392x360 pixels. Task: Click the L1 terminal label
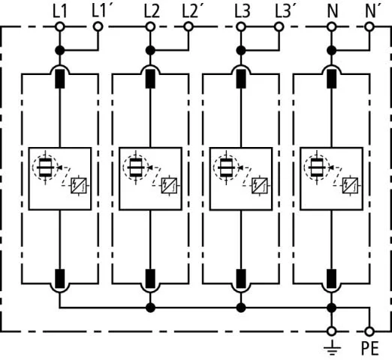[60, 11]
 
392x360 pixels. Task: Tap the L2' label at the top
[190, 11]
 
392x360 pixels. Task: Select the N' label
[373, 11]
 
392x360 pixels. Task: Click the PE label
[369, 348]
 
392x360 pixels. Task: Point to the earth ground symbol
[332, 348]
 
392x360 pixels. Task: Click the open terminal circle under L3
[241, 26]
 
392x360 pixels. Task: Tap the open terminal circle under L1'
[98, 26]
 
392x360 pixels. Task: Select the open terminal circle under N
[332, 26]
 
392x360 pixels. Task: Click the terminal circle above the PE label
[369, 331]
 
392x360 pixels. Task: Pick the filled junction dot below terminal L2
[150, 50]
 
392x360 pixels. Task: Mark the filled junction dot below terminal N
[332, 50]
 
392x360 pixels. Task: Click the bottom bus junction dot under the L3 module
[241, 307]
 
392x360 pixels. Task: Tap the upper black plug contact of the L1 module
[60, 79]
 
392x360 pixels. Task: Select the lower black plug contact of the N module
[332, 279]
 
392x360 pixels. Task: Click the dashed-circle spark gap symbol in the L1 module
[45, 167]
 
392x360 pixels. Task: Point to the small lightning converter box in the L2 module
[170, 185]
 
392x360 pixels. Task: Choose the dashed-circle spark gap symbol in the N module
[317, 167]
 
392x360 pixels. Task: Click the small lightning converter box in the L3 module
[260, 185]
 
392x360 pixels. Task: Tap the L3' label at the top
[283, 11]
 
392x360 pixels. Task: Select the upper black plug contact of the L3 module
[241, 79]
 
